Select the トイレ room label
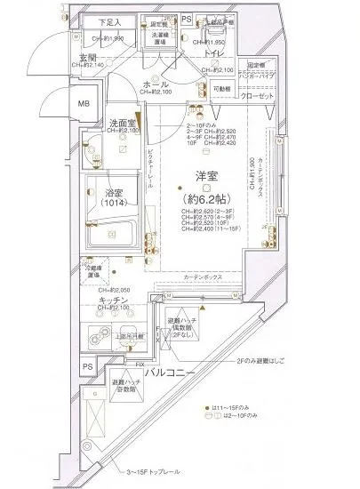tap(213, 55)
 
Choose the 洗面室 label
tap(122, 124)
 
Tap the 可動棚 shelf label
tap(221, 91)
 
